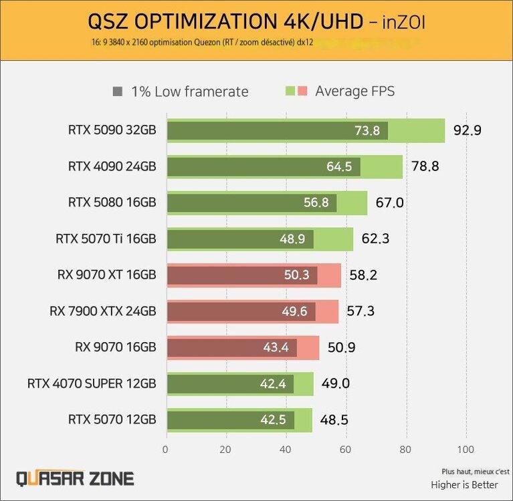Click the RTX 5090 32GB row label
[x=112, y=130]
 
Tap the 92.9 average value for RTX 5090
[x=467, y=130]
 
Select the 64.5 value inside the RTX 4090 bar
[x=339, y=166]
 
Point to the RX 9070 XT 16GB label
[x=107, y=275]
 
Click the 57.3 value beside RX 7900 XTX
[x=360, y=311]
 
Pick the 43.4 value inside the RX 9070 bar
[x=276, y=347]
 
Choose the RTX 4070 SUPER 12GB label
[x=92, y=383]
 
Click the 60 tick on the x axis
[x=346, y=449]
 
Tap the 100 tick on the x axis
[x=466, y=449]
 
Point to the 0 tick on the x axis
[x=166, y=449]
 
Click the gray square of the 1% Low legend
[x=118, y=92]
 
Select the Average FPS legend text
[x=354, y=92]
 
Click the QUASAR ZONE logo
[x=75, y=478]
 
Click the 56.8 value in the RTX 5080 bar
[x=315, y=202]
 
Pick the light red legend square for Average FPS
[x=302, y=92]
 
